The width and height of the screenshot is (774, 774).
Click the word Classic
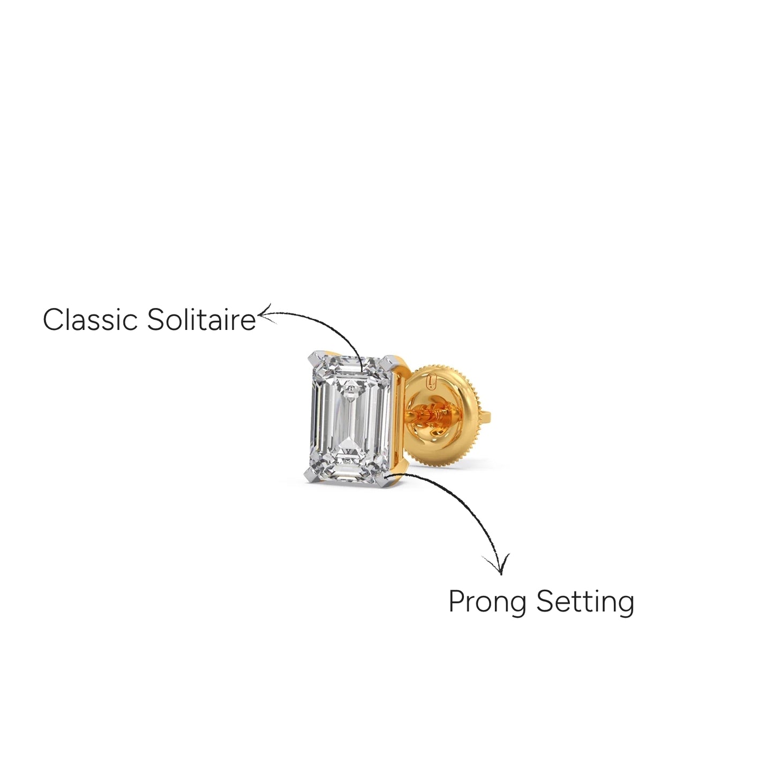coord(90,320)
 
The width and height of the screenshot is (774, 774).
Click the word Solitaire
coord(201,320)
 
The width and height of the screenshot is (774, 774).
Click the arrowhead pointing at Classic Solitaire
coord(266,314)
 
